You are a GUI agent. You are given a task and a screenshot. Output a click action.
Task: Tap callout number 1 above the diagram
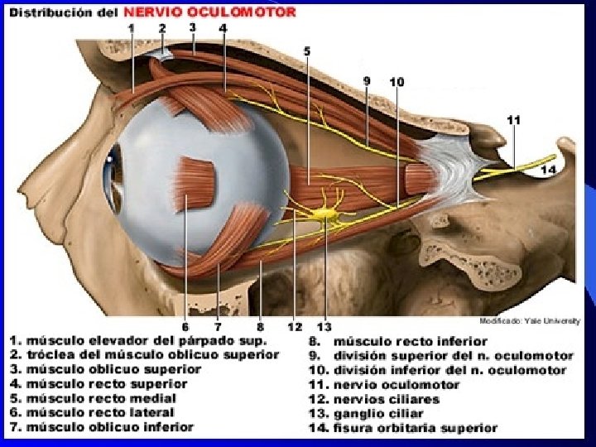point(132,29)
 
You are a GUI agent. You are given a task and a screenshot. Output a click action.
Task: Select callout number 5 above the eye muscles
point(307,51)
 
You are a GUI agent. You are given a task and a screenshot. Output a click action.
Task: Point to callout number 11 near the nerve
point(514,119)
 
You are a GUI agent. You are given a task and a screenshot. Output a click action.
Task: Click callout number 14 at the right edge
point(548,171)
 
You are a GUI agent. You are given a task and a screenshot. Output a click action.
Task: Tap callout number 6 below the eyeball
point(185,326)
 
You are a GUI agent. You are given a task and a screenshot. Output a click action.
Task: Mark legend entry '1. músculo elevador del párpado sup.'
point(137,340)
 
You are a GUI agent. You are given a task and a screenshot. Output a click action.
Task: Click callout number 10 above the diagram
point(397,82)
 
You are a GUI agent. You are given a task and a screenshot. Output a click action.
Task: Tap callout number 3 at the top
point(192,27)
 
